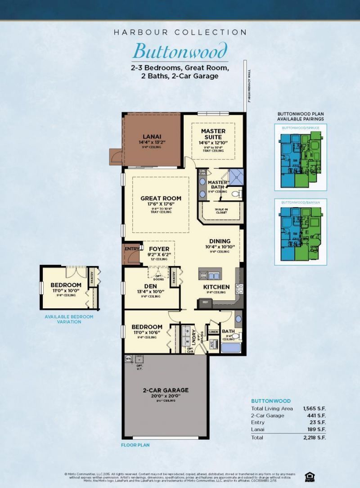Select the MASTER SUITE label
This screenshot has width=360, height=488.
[x=213, y=134]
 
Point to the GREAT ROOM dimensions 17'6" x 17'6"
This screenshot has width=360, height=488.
[x=161, y=204]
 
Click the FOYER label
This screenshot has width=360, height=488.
[x=159, y=249]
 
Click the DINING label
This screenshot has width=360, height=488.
[x=220, y=241]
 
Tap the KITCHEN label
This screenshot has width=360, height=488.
[x=216, y=287]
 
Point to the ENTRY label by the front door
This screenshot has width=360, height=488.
[x=132, y=249]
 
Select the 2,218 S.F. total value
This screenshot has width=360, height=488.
[x=315, y=437]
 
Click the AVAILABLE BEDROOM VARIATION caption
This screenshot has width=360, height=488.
[x=69, y=319]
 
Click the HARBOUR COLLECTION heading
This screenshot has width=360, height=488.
[x=180, y=32]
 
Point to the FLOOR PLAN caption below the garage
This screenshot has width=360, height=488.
[x=135, y=445]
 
